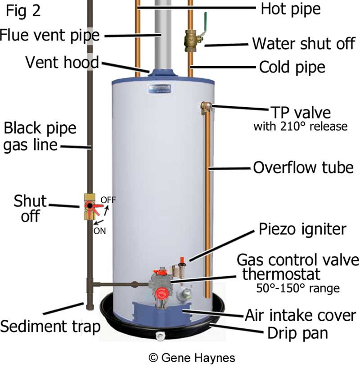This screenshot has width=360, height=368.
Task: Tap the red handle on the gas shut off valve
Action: (x=96, y=206)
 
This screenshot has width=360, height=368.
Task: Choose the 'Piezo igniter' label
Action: (x=302, y=229)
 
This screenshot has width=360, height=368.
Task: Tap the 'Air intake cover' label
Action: (x=300, y=315)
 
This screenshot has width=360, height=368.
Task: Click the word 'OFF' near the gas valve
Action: (x=108, y=200)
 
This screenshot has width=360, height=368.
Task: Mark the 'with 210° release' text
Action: (x=300, y=126)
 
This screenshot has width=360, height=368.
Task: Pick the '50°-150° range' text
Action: (x=297, y=288)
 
